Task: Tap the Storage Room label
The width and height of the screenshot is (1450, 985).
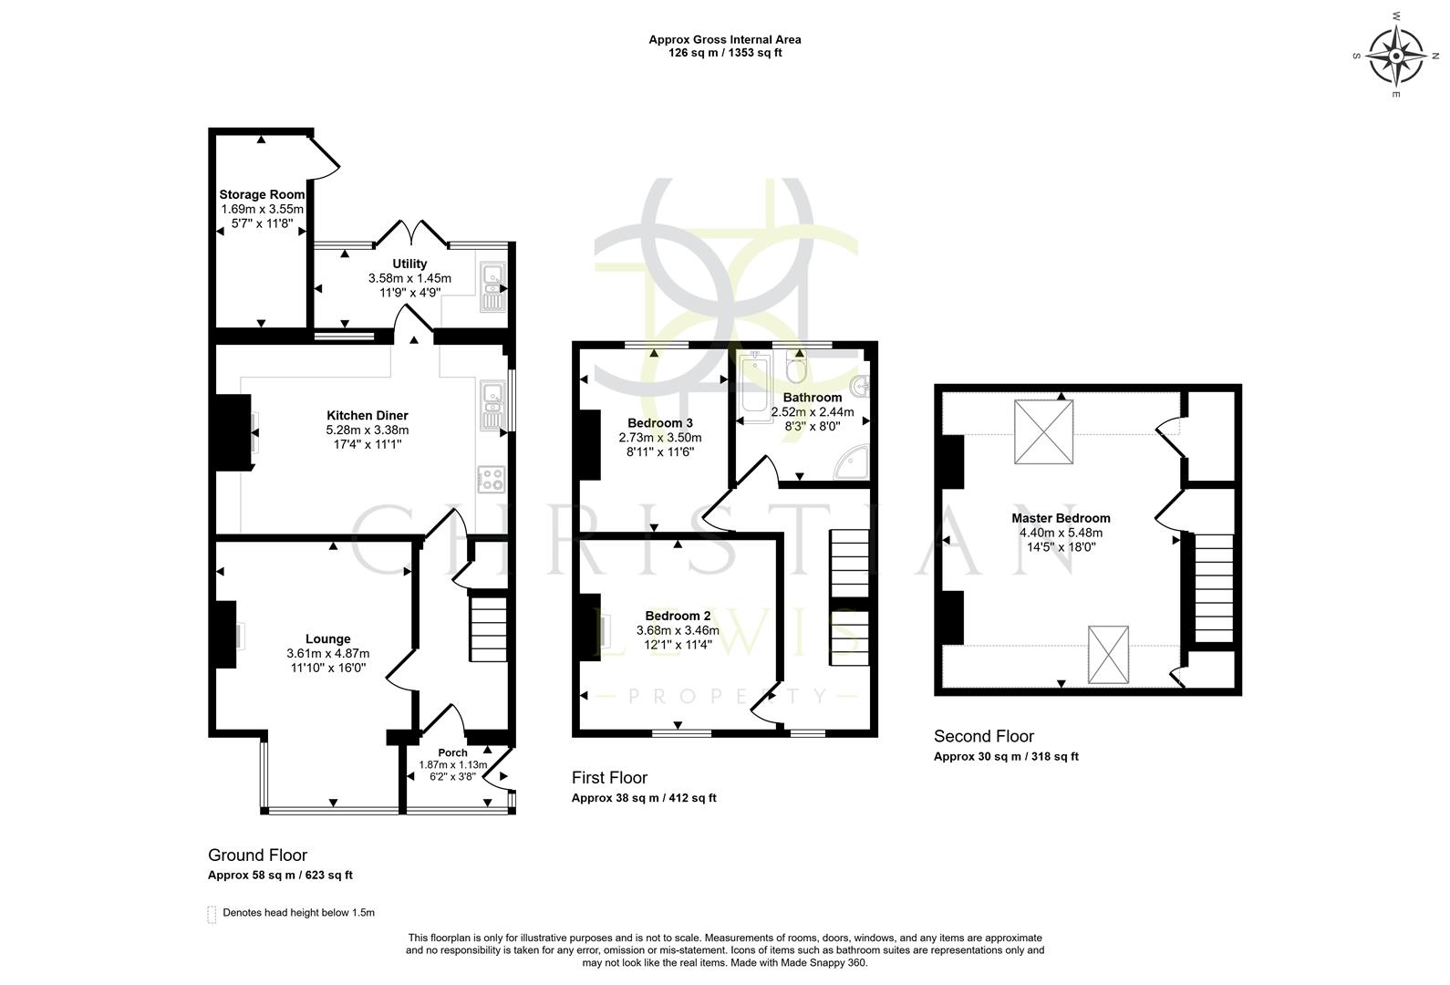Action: coord(262,194)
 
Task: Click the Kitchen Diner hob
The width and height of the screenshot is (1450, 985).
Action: coord(491,479)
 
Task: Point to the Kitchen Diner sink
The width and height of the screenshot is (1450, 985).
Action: coord(492,407)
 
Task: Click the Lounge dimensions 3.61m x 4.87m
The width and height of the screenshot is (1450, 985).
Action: coord(327,653)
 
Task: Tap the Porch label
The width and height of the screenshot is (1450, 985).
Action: coord(452,752)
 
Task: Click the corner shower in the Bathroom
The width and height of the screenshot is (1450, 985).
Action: coord(852,462)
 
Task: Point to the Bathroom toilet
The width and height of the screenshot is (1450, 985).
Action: coord(796,368)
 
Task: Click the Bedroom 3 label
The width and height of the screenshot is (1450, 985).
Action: coord(660,423)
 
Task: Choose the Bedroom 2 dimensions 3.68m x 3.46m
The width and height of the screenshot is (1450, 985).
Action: coord(678,630)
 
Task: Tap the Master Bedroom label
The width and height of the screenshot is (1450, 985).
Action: coord(1061,518)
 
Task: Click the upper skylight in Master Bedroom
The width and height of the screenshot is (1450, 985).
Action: coord(1044,432)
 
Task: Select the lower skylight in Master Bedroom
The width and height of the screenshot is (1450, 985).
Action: coord(1108,654)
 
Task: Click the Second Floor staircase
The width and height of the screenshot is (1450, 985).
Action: coord(1214,588)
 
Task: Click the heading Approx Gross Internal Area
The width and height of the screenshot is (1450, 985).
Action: coord(725,39)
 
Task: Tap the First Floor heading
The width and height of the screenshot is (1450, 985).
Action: coord(609,778)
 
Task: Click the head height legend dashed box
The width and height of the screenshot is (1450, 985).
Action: coord(212,914)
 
